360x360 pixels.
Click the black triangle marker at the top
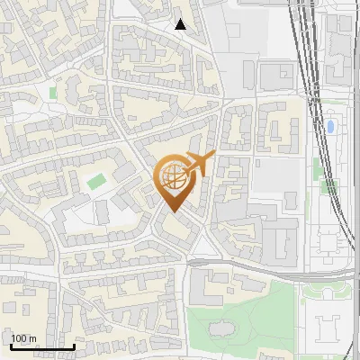(x=181, y=24)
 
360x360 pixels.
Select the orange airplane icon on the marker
(x=201, y=164)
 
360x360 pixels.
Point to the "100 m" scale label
(x=23, y=338)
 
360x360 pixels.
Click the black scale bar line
(x=42, y=346)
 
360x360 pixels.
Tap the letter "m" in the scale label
(x=32, y=338)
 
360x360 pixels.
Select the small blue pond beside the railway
(x=330, y=126)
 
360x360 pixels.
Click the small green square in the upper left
(x=53, y=92)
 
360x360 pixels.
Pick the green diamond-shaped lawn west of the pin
(x=95, y=181)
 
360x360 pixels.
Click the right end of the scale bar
(x=74, y=346)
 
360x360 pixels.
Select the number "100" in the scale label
(x=19, y=338)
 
